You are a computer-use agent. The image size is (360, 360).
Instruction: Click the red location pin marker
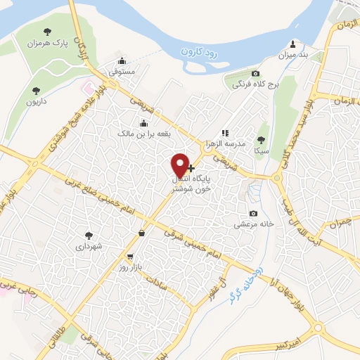coord(180,165)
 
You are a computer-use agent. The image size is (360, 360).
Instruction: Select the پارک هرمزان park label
coord(49,43)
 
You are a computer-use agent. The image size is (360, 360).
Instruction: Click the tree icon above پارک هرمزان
coord(48,31)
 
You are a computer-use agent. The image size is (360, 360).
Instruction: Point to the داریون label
coord(37,101)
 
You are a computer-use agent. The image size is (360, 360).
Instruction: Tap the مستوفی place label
coord(129,71)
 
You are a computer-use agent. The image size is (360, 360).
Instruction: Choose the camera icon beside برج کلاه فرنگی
coord(255,75)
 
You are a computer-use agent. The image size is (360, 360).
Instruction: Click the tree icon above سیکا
coord(262,139)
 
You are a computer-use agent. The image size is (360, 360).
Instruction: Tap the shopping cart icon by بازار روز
coord(130,257)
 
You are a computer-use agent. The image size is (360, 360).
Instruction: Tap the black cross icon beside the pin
coord(191,168)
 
